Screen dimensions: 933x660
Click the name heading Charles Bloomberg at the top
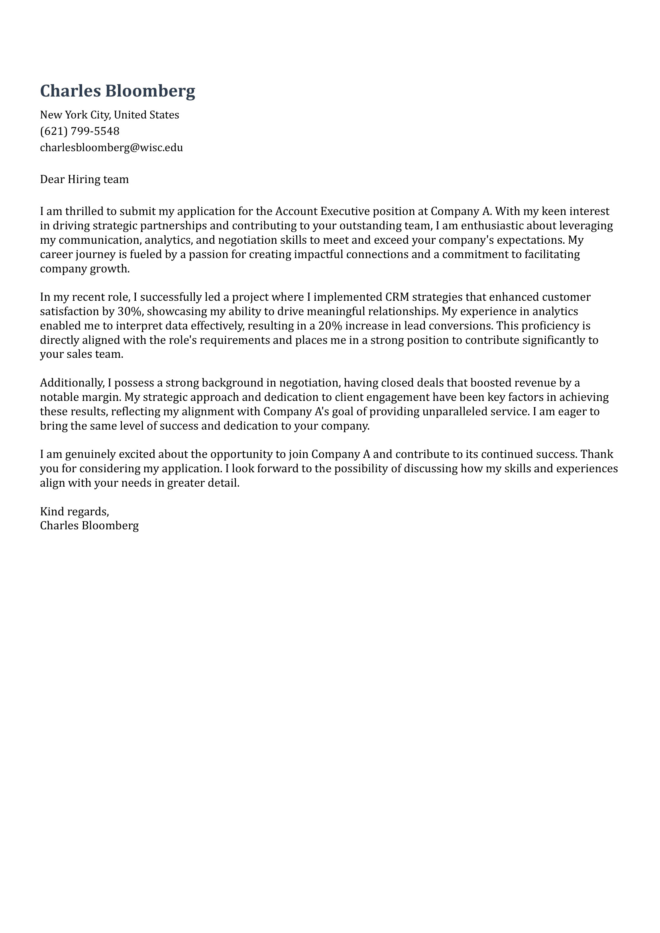[118, 91]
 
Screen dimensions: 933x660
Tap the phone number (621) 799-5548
[80, 131]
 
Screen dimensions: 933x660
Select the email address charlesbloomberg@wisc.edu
[111, 147]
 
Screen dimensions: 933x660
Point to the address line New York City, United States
[109, 115]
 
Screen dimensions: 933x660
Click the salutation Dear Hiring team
[84, 179]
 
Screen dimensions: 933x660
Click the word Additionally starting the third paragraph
[73, 383]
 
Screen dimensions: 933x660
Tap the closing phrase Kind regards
[75, 511]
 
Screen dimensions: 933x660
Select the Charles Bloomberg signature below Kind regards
[89, 525]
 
